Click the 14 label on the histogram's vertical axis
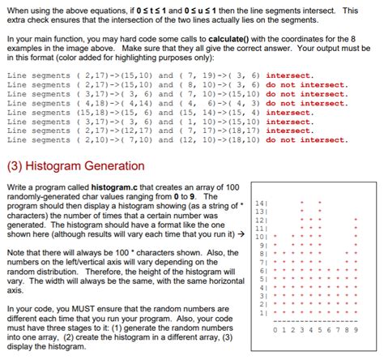(x=258, y=204)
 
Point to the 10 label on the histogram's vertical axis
(x=258, y=238)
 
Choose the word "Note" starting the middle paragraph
(x=16, y=251)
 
